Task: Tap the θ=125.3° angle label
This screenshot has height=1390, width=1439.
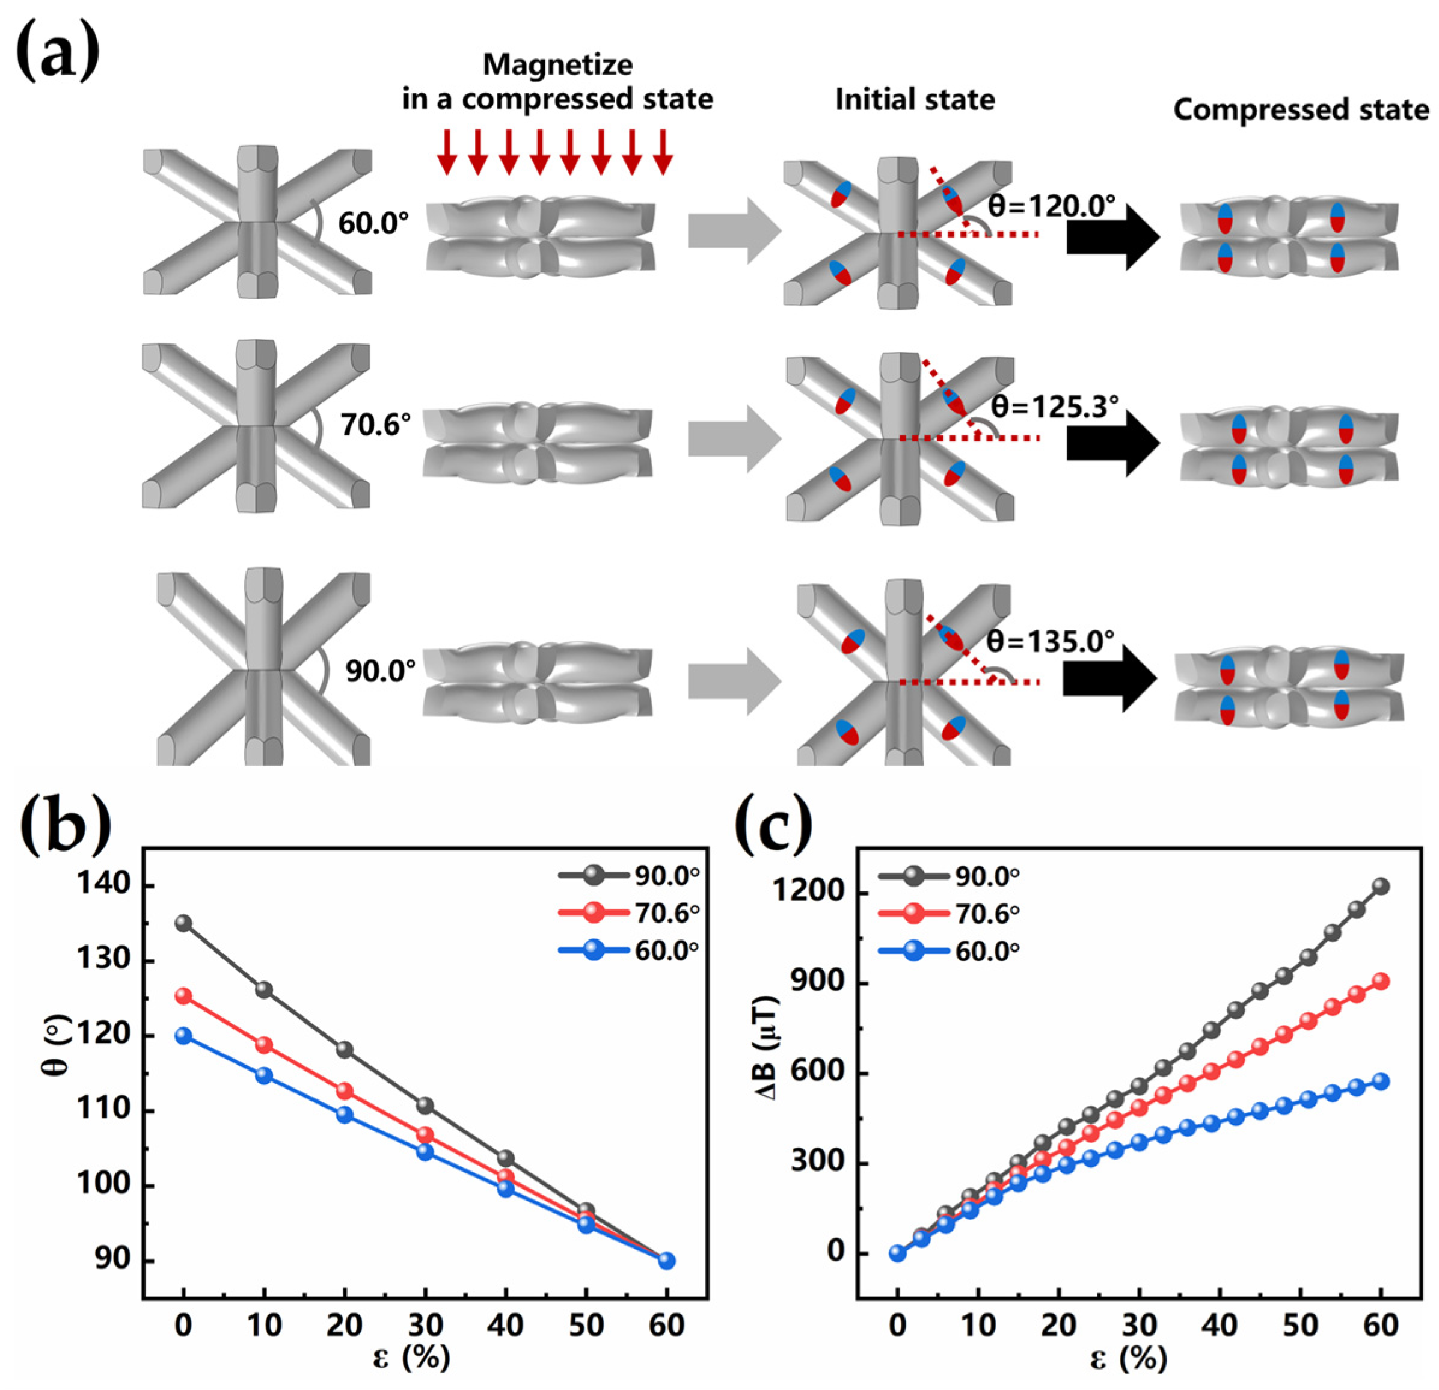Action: pos(1055,406)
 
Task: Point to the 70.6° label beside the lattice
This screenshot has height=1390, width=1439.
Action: pos(375,425)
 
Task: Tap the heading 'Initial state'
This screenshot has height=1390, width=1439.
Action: pos(915,100)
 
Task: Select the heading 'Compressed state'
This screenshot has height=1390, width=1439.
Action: pos(1301,110)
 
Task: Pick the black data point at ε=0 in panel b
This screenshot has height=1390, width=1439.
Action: pos(183,924)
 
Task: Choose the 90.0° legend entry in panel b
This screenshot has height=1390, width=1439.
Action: pos(628,875)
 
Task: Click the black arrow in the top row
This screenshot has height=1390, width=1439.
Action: pos(1113,236)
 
